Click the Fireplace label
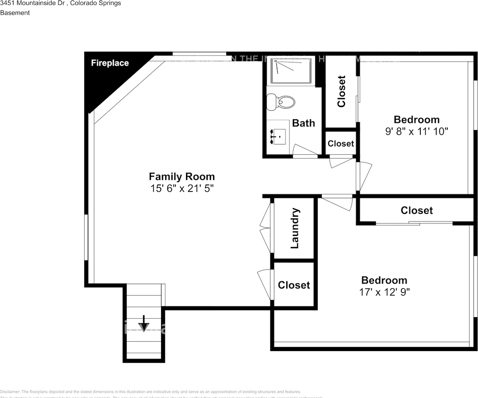(x=110, y=63)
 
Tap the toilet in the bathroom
(x=281, y=101)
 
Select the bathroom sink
(x=277, y=136)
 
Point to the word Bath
(x=303, y=123)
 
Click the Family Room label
(x=181, y=177)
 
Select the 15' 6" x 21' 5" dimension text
(x=181, y=189)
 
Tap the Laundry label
(x=294, y=228)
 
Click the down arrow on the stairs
(x=144, y=323)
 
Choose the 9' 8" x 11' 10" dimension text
(x=416, y=131)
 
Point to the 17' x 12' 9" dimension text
(x=384, y=292)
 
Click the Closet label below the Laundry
(x=294, y=285)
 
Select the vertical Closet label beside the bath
(x=341, y=91)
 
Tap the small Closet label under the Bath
(x=341, y=143)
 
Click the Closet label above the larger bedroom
(x=417, y=211)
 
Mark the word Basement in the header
(x=15, y=13)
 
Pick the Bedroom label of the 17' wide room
(x=384, y=280)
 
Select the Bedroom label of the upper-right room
(x=416, y=120)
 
